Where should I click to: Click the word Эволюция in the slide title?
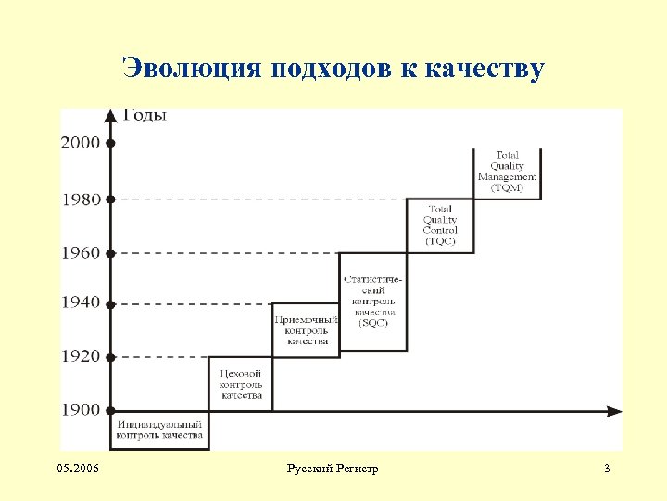click(193, 70)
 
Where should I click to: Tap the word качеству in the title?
click(485, 70)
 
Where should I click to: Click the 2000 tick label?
click(81, 143)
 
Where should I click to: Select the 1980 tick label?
click(81, 199)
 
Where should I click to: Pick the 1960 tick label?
click(81, 252)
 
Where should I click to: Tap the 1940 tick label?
click(81, 302)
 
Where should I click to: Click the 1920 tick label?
click(81, 356)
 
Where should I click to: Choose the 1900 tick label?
click(81, 410)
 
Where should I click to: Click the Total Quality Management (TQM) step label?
click(507, 172)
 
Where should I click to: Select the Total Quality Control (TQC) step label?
click(440, 225)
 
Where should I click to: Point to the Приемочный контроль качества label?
click(306, 330)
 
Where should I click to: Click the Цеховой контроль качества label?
click(241, 384)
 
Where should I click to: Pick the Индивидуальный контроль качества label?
click(160, 429)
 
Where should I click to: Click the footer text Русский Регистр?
click(333, 469)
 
